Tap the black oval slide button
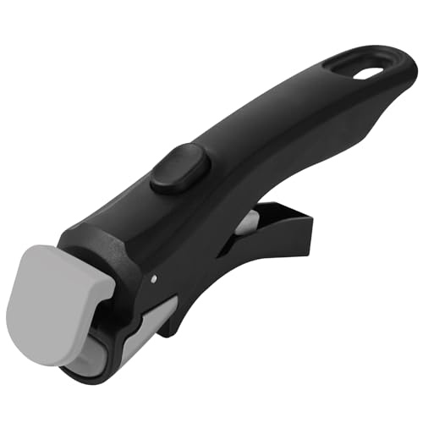tap(179, 168)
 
